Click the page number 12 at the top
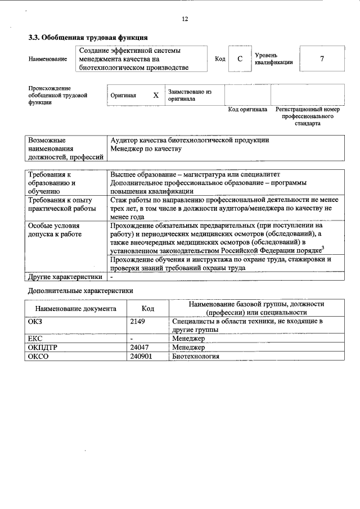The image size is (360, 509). [x=184, y=19]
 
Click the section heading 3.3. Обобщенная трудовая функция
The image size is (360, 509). [x=88, y=38]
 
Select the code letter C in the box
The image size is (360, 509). [x=240, y=59]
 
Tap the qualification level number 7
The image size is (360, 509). [x=322, y=59]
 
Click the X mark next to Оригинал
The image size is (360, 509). [x=156, y=95]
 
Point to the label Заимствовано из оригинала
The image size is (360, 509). [x=189, y=94]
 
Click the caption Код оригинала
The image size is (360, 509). [x=247, y=110]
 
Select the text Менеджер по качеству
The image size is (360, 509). [x=146, y=148]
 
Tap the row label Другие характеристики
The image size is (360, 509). [x=65, y=277]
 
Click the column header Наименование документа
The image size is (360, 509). [x=76, y=308]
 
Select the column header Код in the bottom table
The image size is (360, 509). [x=148, y=308]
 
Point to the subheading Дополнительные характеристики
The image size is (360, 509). [x=80, y=291]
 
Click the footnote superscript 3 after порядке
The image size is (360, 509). [x=322, y=247]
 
